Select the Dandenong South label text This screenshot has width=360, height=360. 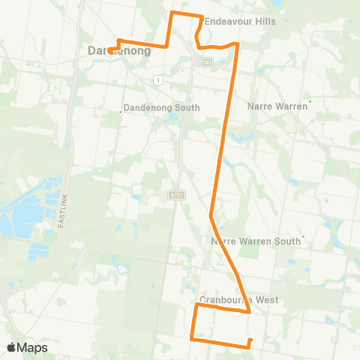tap(162, 108)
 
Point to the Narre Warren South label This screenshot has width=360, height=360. tap(255, 241)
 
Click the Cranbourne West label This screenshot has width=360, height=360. tap(239, 300)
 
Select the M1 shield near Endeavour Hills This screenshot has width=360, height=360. tap(208, 61)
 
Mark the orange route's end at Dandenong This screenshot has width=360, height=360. tap(109, 51)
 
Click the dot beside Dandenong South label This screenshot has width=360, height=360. tap(121, 112)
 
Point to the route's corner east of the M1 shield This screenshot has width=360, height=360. tap(237, 44)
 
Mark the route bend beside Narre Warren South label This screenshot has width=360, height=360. tap(211, 216)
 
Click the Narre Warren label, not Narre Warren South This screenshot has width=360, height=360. tap(277, 106)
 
